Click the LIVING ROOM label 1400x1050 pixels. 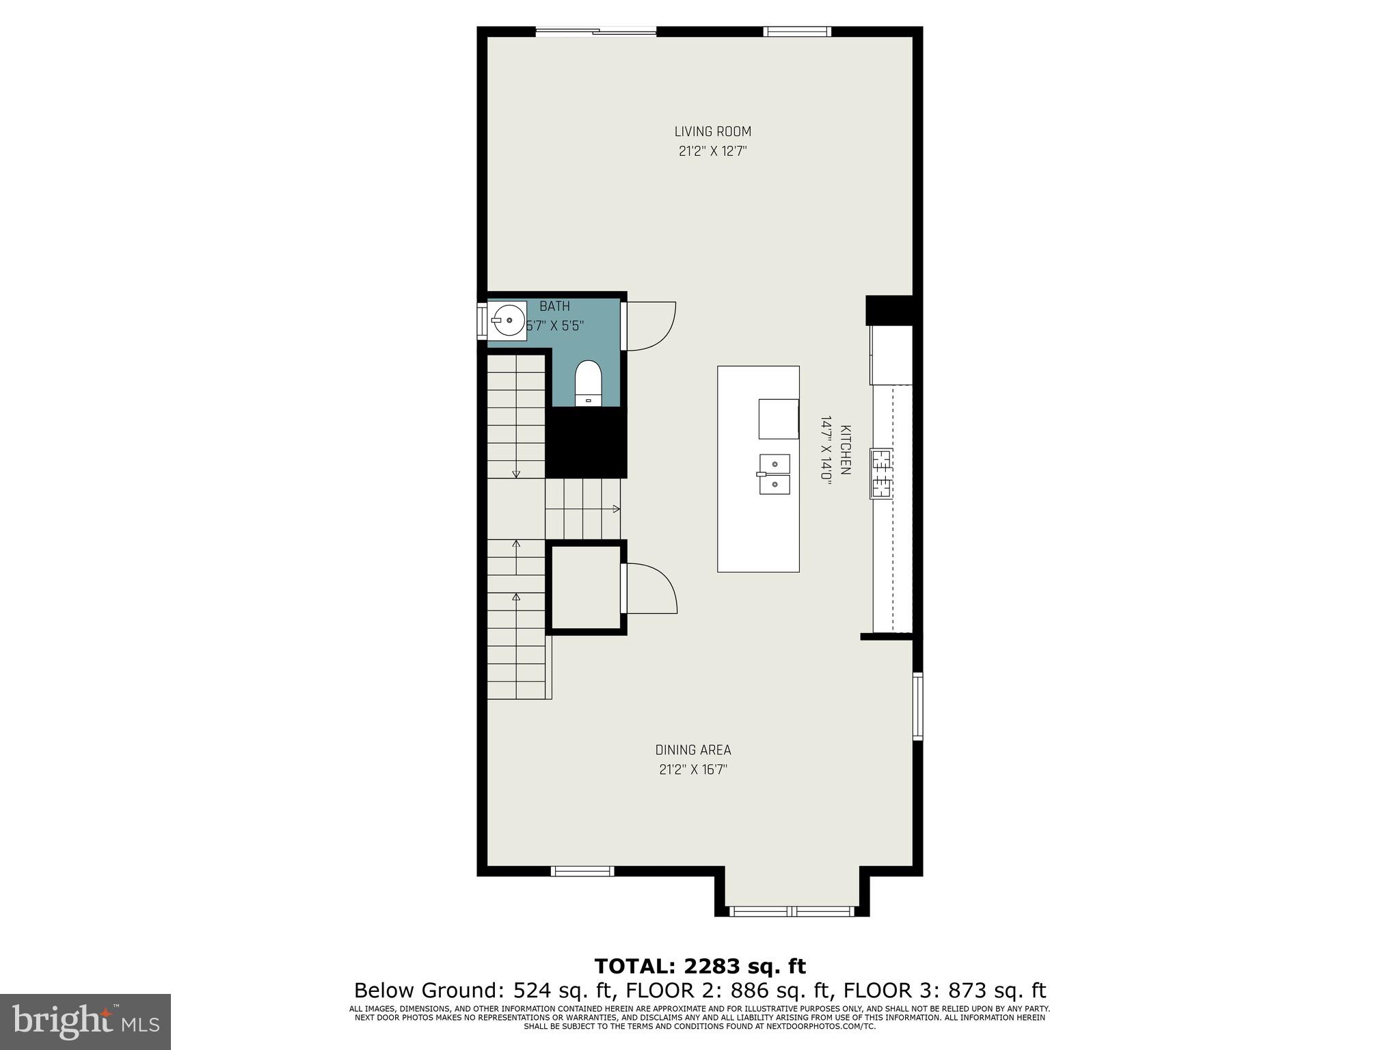point(712,131)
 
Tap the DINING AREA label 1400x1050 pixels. point(693,750)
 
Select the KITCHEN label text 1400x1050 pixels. point(846,450)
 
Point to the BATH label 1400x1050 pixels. point(554,306)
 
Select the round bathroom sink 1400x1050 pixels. point(507,320)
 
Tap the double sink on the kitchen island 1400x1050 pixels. point(775,474)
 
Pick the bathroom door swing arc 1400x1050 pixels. point(652,325)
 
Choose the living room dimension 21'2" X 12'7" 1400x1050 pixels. point(712,151)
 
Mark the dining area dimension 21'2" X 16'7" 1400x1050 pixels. point(693,770)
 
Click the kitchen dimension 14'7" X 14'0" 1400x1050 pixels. point(826,450)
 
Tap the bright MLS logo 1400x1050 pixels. point(85,1022)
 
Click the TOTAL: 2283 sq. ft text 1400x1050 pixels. point(700,966)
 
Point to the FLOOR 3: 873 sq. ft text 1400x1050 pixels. point(945,991)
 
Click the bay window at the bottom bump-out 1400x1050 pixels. point(792,911)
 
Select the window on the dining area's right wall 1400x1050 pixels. point(917,706)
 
